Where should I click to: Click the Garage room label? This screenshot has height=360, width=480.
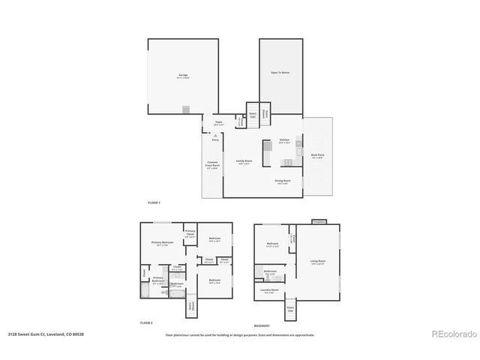pos(183,76)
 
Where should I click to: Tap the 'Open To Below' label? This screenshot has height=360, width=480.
pos(280,73)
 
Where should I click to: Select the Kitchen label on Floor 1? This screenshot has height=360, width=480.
pos(285,140)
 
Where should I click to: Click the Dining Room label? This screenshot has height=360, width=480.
pos(282,181)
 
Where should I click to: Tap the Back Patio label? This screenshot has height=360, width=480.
pos(317,156)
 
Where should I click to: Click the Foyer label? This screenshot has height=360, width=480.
pos(219,121)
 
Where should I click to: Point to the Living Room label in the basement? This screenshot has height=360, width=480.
pos(318,262)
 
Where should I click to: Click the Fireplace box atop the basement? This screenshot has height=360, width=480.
pos(319,221)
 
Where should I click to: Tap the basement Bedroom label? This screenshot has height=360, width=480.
pos(273,244)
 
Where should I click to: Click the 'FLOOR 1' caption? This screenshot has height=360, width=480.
pos(154,203)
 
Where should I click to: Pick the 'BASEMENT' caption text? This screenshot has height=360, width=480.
pos(262,326)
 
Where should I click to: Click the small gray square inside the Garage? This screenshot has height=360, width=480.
pos(186,109)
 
